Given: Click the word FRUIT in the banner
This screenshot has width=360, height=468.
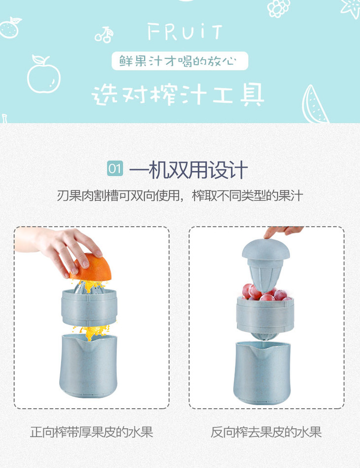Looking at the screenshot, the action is pos(185,32).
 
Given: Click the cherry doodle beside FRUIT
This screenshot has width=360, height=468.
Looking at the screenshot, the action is pos(104,35).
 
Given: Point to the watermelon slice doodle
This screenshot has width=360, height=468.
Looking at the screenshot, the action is pos(314,104).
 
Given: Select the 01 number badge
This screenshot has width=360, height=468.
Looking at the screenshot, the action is pos(115,169).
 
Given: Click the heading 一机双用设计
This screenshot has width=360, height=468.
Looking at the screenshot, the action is pos(188,169).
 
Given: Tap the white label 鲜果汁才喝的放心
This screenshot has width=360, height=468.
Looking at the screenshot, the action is pos(180,61).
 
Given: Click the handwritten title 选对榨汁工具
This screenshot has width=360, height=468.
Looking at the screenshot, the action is pos(178,95).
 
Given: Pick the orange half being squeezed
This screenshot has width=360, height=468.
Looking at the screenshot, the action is pos(91,268).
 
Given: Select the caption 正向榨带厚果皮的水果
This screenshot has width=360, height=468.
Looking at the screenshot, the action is pos(91,432).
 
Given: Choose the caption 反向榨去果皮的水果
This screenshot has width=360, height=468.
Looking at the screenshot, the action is pos(266,432).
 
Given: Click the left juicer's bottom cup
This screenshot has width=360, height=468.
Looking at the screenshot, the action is pos(89,366).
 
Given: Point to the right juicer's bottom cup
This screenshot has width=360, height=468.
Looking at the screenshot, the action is pos(262,373).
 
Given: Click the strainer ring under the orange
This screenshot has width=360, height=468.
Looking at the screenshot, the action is pos(89,308).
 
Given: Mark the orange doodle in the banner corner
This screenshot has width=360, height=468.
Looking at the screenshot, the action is pos(11,28).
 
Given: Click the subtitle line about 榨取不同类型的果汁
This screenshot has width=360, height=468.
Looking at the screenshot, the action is pos(180,196).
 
